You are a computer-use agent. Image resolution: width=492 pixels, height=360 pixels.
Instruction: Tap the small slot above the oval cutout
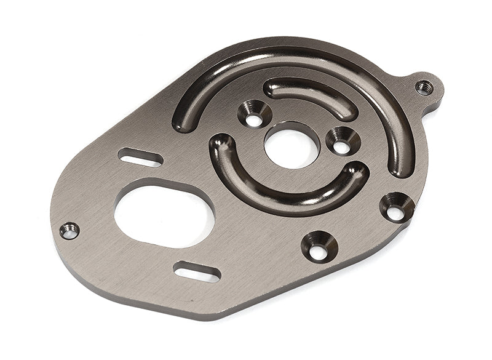[x=141, y=157]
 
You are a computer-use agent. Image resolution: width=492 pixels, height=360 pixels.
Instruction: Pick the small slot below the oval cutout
[x=197, y=270]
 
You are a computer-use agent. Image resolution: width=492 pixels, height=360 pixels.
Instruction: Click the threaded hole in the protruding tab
[x=424, y=87]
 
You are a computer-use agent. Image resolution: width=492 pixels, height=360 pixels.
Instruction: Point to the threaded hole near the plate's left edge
[x=69, y=231]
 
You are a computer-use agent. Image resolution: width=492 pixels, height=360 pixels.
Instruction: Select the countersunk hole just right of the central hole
[x=342, y=141]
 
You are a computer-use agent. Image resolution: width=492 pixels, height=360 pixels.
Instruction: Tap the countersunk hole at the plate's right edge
[x=395, y=207]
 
